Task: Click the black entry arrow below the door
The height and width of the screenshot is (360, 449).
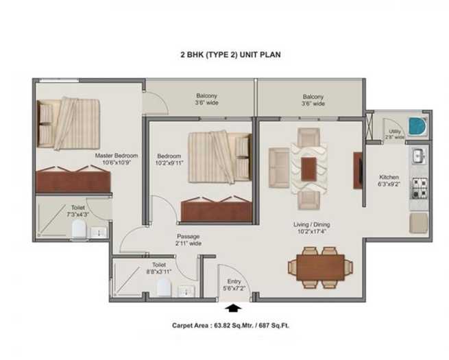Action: (x=233, y=308)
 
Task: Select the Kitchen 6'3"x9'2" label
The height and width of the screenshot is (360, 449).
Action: (x=389, y=180)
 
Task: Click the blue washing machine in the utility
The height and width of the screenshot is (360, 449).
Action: (x=417, y=126)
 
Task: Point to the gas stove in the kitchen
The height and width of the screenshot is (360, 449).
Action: (x=420, y=188)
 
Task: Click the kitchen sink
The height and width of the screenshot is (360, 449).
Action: (x=419, y=156)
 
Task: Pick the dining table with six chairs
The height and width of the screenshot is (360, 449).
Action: (x=320, y=267)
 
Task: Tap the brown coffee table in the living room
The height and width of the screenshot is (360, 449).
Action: (x=308, y=169)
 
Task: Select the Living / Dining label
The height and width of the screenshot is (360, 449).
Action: (x=311, y=224)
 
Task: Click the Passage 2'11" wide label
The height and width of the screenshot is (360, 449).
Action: (x=189, y=240)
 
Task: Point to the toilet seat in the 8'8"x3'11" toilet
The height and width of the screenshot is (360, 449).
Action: (x=165, y=287)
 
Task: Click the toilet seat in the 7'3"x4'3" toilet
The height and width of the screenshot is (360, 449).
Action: (x=79, y=229)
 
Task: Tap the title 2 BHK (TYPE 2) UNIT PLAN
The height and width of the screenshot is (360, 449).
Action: (x=230, y=54)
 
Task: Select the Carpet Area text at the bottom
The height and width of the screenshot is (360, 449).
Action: (x=230, y=325)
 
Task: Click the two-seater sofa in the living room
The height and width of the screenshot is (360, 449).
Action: (x=279, y=168)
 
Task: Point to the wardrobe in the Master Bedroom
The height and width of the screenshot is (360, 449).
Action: (x=73, y=180)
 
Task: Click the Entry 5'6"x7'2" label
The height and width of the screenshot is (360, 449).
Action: (x=234, y=285)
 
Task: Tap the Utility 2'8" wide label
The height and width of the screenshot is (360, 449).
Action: (x=395, y=134)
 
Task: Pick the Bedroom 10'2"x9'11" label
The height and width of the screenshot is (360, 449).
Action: (x=170, y=160)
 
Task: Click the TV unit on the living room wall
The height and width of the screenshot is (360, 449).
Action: (x=358, y=171)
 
